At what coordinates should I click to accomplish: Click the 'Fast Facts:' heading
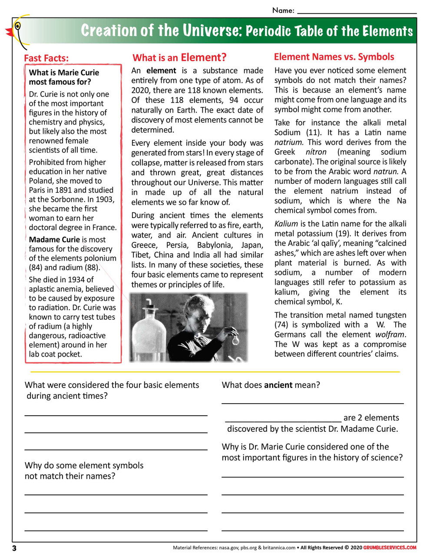pyautogui.click(x=46, y=58)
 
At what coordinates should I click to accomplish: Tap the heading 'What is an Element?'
pyautogui.click(x=179, y=58)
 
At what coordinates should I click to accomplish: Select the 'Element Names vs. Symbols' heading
pyautogui.click(x=334, y=57)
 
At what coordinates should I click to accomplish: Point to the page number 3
pyautogui.click(x=14, y=548)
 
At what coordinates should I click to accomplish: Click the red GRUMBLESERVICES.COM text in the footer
pyautogui.click(x=390, y=548)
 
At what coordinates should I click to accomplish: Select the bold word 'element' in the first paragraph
pyautogui.click(x=161, y=71)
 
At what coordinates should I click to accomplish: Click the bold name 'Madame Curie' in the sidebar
pyautogui.click(x=54, y=240)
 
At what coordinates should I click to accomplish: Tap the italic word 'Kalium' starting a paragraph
pyautogui.click(x=286, y=224)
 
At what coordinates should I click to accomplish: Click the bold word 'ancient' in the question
pyautogui.click(x=278, y=385)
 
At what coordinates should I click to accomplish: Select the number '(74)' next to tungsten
pyautogui.click(x=282, y=325)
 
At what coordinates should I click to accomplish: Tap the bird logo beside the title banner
pyautogui.click(x=17, y=30)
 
